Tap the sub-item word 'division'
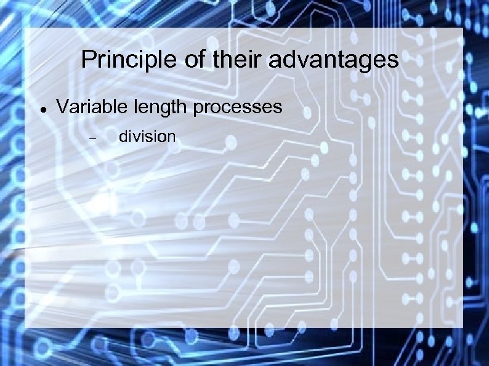[x=147, y=136]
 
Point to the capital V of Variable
[x=62, y=107]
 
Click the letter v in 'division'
[x=134, y=137]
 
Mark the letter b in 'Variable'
[x=106, y=107]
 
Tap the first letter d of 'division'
[x=123, y=136]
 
